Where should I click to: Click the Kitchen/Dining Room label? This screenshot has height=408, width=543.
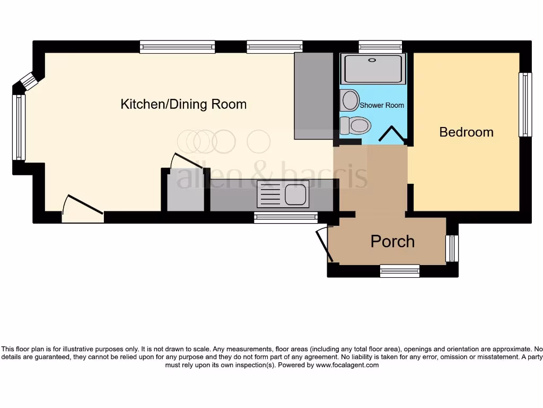(183, 104)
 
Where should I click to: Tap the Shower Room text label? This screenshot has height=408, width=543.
(382, 105)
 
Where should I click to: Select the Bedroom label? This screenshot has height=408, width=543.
(466, 132)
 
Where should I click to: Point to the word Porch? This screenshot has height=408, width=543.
(392, 242)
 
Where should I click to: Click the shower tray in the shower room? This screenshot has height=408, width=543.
(375, 69)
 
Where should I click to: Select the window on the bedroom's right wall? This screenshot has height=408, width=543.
(525, 104)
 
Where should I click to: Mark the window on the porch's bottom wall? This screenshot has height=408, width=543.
(400, 271)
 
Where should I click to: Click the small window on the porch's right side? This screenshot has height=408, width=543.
(452, 249)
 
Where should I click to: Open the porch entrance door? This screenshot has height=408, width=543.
(323, 245)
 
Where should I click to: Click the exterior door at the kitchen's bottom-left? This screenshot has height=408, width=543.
(83, 208)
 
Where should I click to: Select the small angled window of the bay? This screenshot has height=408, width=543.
(30, 82)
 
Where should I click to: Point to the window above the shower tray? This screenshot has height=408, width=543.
(380, 47)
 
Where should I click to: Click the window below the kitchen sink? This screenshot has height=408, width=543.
(285, 216)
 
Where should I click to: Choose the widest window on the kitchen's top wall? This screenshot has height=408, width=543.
(178, 47)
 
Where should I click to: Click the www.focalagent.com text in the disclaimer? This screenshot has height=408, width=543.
(347, 365)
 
